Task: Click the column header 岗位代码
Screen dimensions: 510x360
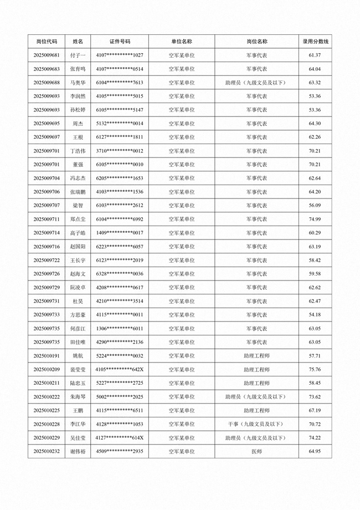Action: (47, 42)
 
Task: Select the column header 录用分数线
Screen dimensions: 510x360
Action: (315, 42)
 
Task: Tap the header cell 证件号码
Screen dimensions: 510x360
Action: (120, 42)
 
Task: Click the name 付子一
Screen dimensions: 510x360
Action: (78, 55)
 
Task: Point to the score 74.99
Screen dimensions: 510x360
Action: (315, 220)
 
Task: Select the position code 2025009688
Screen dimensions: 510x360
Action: (47, 83)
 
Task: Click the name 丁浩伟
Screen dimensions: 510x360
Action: (78, 151)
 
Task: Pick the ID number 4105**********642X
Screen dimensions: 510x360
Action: (120, 369)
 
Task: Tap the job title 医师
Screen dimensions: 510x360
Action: (256, 451)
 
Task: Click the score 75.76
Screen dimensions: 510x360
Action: (315, 369)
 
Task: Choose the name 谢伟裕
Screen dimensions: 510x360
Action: (78, 451)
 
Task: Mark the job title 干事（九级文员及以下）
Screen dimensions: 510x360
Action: (256, 424)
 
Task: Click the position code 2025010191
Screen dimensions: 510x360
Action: (47, 356)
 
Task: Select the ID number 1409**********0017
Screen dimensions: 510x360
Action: (120, 233)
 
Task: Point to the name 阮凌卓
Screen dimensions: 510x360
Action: (78, 288)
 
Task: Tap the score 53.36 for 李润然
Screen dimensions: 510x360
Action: (315, 96)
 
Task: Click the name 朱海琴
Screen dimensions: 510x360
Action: (78, 397)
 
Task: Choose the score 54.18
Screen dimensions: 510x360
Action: (315, 315)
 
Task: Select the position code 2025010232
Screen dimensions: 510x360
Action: (47, 451)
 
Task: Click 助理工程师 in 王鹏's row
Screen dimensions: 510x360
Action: (256, 410)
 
